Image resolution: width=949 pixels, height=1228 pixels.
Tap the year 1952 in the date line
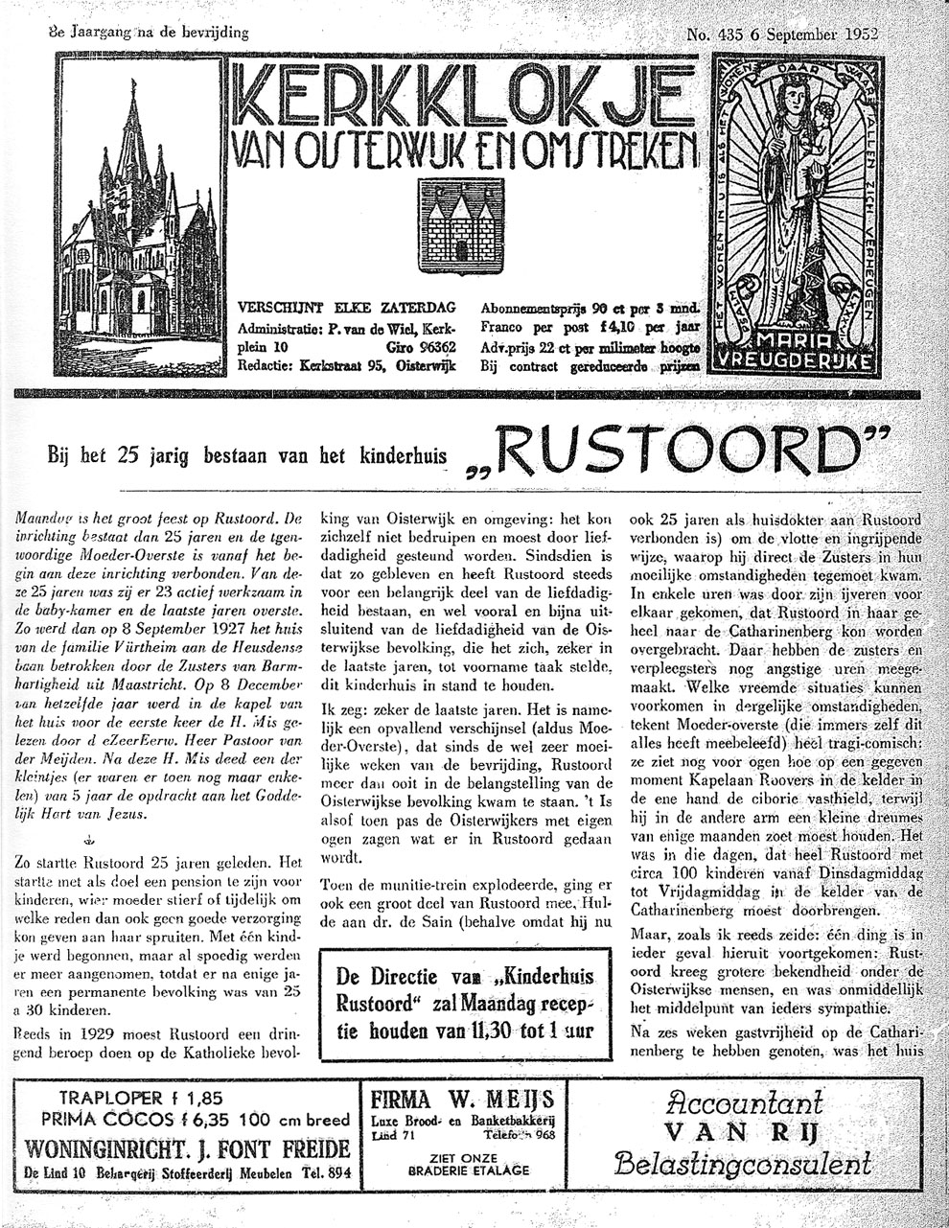point(863,31)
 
